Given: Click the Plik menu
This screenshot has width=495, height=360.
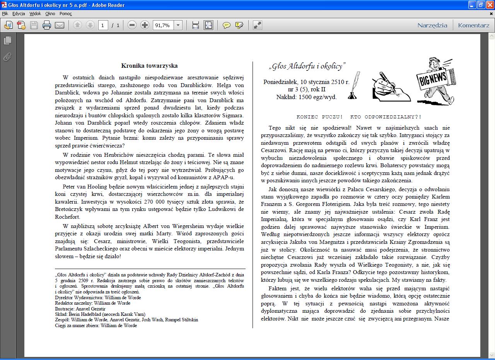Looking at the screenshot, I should tap(5, 14).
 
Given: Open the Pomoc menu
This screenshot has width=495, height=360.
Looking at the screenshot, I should tap(66, 14).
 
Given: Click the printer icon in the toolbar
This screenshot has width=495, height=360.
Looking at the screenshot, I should tap(47, 26).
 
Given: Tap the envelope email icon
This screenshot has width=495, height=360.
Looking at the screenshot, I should tap(60, 26).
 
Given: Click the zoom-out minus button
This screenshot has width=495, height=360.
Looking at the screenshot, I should tap(132, 26).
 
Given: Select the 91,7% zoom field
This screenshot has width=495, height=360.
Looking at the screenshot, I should tap(163, 26).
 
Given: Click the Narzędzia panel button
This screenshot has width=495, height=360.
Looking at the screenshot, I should tap(432, 26).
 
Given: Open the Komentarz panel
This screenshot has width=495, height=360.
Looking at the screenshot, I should tap(473, 26).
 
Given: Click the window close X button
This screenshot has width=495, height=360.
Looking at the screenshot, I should tap(490, 5).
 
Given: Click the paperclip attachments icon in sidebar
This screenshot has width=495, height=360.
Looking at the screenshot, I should tap(7, 57).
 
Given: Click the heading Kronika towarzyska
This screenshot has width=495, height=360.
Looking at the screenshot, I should tap(149, 66).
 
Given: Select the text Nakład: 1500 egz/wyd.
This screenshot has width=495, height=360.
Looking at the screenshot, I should tap(306, 97).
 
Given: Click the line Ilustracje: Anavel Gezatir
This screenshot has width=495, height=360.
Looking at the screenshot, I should tap(80, 309).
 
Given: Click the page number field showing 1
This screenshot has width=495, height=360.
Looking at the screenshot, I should tap(103, 26).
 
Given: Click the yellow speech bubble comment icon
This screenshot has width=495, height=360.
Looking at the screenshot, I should tap(227, 26).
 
